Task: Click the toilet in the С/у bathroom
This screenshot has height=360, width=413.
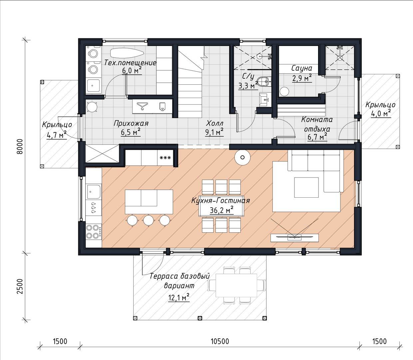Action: [265, 82]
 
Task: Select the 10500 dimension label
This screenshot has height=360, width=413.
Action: [220, 341]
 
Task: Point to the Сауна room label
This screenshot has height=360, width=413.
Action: [301, 68]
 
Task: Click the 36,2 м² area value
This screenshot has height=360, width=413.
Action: [221, 210]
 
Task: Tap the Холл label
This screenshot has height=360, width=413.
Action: [214, 123]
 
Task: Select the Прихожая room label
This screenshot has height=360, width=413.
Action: [131, 123]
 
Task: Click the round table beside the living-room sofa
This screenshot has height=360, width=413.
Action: [242, 157]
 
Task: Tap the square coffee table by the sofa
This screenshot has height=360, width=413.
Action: [306, 187]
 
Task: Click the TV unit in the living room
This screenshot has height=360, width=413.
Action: [294, 238]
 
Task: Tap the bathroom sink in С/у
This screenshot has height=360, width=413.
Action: [265, 99]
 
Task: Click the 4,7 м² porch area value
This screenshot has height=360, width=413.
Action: [57, 135]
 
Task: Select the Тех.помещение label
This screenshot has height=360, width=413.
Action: [130, 63]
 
